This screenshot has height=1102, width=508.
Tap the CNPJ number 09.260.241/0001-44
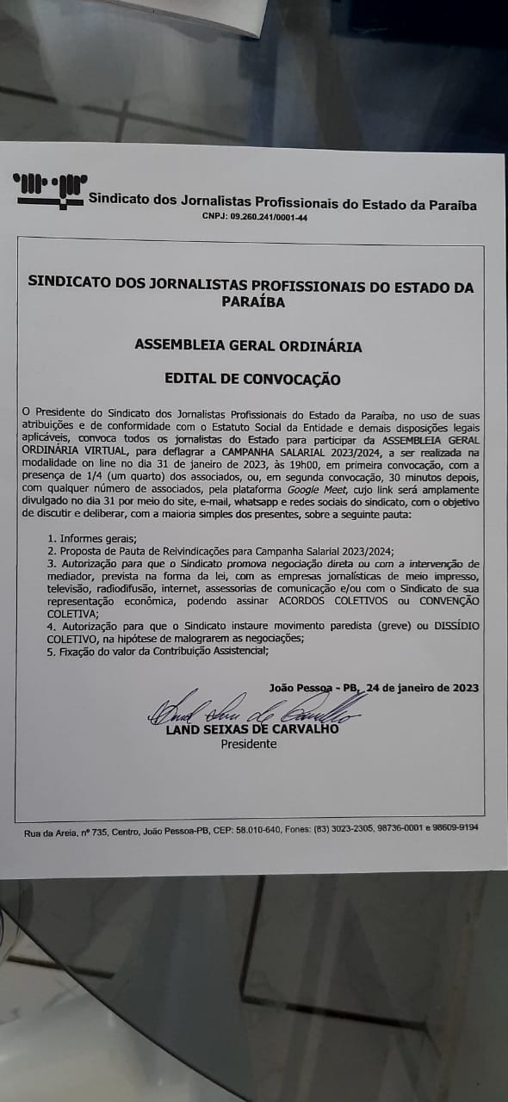[255, 218]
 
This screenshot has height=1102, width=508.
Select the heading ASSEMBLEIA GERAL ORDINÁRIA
[248, 346]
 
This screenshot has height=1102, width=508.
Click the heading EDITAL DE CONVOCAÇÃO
[252, 380]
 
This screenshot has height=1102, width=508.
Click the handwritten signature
[250, 709]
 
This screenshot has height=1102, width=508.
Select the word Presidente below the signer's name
[249, 744]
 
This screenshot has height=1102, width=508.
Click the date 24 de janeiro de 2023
[422, 688]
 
